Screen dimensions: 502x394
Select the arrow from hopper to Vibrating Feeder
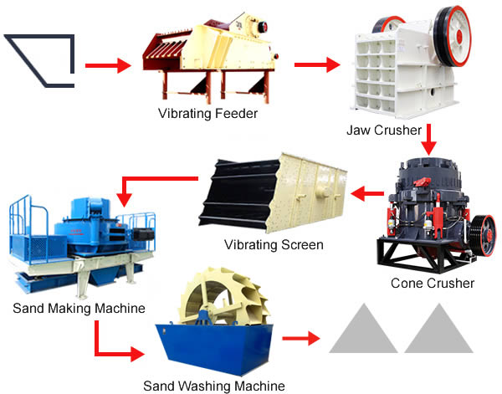[x=108, y=65]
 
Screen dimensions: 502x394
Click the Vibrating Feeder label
[x=207, y=113]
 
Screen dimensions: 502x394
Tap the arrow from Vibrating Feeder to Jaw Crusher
[x=317, y=64]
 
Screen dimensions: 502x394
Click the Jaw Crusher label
[x=384, y=130]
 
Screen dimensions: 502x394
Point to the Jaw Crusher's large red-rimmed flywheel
[x=453, y=36]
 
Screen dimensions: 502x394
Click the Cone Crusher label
[x=433, y=283]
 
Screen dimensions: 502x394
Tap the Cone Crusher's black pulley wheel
[x=484, y=236]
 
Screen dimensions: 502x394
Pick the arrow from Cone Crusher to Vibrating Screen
[x=367, y=193]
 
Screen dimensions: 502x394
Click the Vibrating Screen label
[x=274, y=245]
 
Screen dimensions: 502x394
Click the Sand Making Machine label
[x=79, y=308]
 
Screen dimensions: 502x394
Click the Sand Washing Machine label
[x=214, y=386]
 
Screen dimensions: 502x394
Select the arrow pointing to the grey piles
[x=301, y=338]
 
